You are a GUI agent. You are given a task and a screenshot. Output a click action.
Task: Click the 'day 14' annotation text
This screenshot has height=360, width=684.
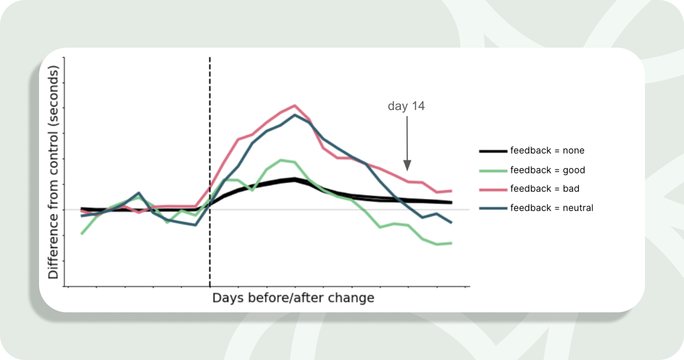click(406, 106)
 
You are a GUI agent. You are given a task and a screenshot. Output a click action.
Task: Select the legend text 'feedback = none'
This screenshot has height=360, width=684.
click(547, 151)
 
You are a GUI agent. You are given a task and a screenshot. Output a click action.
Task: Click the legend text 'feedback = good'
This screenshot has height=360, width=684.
click(548, 170)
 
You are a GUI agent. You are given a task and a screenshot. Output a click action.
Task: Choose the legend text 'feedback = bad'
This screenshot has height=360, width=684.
click(545, 189)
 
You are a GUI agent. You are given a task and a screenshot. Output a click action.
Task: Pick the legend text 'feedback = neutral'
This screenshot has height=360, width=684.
click(552, 208)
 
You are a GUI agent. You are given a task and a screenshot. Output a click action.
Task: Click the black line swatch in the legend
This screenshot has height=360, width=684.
click(493, 151)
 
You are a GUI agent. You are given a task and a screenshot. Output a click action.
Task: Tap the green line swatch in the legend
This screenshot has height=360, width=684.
click(493, 170)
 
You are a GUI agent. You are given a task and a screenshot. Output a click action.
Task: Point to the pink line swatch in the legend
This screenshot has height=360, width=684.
click(493, 189)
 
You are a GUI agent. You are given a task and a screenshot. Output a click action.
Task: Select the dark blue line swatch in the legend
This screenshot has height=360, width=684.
click(493, 208)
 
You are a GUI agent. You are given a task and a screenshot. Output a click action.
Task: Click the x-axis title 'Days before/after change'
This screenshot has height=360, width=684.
click(293, 298)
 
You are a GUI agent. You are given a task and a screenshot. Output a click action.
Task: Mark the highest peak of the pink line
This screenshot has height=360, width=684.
click(295, 105)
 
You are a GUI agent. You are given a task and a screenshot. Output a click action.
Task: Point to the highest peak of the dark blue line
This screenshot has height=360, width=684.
click(295, 115)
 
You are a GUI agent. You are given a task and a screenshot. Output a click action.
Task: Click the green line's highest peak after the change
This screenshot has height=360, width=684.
click(281, 160)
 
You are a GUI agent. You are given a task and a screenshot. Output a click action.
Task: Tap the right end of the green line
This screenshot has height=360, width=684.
click(451, 243)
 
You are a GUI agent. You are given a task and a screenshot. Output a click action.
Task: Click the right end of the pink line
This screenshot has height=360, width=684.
click(451, 191)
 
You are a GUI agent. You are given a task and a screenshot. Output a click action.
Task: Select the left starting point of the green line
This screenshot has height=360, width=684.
click(82, 234)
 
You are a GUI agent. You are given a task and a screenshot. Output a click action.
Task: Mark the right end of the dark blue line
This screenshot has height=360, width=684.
click(451, 223)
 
